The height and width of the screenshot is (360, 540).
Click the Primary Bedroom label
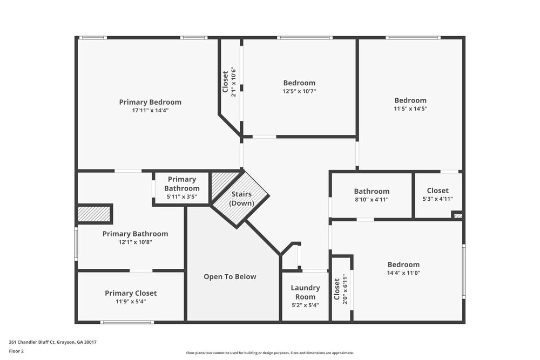pyautogui.click(x=150, y=102)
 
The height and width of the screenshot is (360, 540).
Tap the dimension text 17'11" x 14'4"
pyautogui.click(x=150, y=111)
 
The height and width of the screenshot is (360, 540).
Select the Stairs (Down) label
pyautogui.click(x=241, y=199)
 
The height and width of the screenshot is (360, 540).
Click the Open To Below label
pyautogui.click(x=230, y=277)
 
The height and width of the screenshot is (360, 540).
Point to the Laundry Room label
pyautogui.click(x=305, y=293)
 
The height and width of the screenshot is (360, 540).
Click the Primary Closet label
pyautogui.click(x=131, y=293)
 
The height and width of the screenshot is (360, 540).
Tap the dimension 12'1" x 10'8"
pyautogui.click(x=135, y=242)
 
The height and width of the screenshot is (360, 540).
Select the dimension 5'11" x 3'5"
pyautogui.click(x=181, y=197)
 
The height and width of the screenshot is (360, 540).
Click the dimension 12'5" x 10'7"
pyautogui.click(x=299, y=91)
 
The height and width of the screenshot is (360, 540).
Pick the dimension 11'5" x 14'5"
pyautogui.click(x=410, y=108)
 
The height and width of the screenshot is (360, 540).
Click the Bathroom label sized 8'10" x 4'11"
pyautogui.click(x=372, y=191)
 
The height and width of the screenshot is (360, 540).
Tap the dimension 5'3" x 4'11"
pyautogui.click(x=437, y=199)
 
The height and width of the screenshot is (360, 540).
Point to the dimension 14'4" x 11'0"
pyautogui.click(x=403, y=273)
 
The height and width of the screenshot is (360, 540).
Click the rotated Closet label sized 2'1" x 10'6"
pyautogui.click(x=226, y=82)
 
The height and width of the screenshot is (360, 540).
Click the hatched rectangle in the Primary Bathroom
pyautogui.click(x=94, y=214)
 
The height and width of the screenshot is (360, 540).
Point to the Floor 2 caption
pyautogui.click(x=17, y=351)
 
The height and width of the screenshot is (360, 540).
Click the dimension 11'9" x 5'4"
pyautogui.click(x=131, y=302)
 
